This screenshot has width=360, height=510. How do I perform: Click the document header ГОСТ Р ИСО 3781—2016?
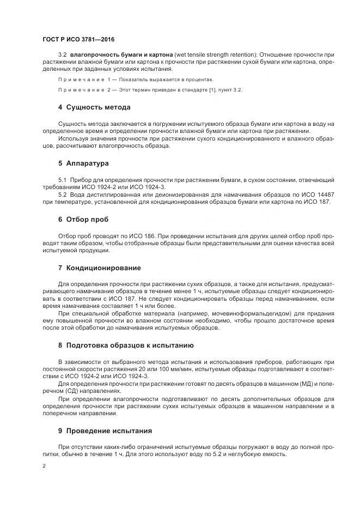point(78,40)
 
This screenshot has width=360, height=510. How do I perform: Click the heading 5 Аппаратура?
point(83,163)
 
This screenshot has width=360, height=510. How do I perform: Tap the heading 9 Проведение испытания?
point(105,430)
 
